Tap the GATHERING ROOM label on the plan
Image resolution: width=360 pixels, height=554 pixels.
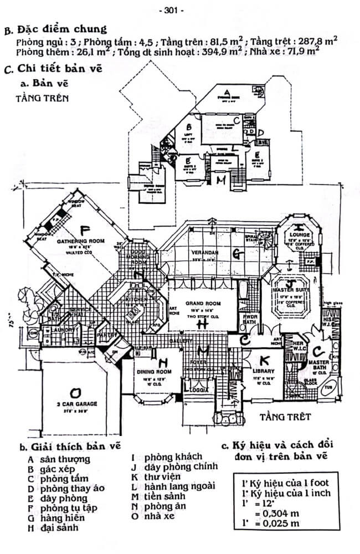pyautogui.click(x=80, y=242)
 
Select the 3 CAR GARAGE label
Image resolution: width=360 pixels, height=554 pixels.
pyautogui.click(x=77, y=404)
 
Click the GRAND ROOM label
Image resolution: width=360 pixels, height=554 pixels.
pyautogui.click(x=203, y=304)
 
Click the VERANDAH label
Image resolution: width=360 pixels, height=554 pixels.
pyautogui.click(x=203, y=253)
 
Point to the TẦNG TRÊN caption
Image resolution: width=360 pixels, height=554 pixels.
pyautogui.click(x=43, y=99)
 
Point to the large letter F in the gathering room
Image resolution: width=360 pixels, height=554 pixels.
pyautogui.click(x=84, y=230)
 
